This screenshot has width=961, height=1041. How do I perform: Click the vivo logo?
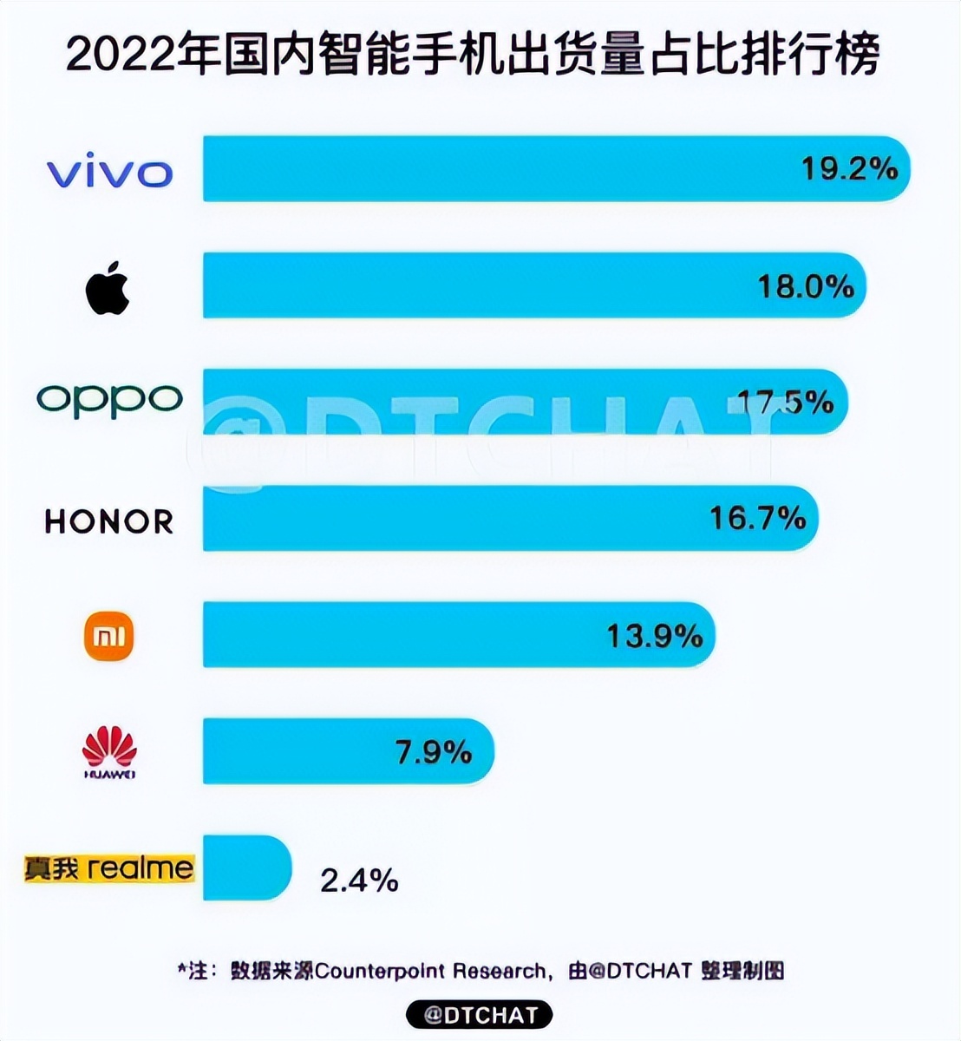[110, 173]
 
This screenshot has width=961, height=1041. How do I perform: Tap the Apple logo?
[108, 289]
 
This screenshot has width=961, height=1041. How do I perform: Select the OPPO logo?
[109, 400]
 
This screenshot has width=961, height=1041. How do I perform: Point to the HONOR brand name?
[109, 521]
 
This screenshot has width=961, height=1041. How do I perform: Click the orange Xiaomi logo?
[108, 636]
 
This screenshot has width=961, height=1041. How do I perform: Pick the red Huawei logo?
[109, 752]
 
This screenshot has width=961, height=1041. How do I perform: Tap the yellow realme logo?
[109, 867]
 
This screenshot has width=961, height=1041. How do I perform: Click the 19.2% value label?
[848, 168]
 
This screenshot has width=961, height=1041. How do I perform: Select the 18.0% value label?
[806, 285]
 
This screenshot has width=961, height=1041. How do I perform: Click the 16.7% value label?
[757, 518]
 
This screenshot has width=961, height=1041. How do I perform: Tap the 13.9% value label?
[654, 636]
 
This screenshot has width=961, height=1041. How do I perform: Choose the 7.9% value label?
[433, 752]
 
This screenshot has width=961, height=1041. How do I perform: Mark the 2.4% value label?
[359, 881]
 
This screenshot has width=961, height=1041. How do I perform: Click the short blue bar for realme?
[246, 867]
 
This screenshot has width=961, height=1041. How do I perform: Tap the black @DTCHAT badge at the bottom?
[480, 1014]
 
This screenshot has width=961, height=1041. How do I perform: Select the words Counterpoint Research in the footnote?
[430, 971]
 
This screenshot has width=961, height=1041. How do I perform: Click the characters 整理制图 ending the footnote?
[742, 971]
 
